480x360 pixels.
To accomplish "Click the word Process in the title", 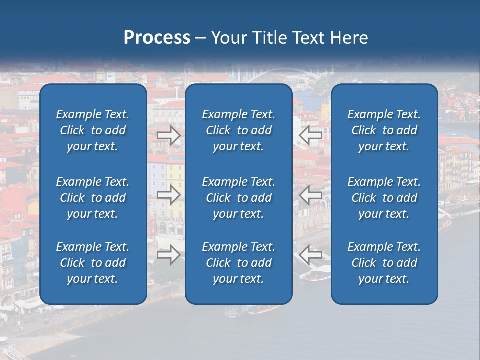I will tap(157, 38).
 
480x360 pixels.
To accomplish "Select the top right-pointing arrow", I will tap(169, 135).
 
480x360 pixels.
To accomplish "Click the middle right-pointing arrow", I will tap(169, 195).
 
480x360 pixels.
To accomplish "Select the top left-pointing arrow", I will tap(311, 135).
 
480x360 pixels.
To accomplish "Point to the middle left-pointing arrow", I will tap(311, 195).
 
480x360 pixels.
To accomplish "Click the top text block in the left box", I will tap(93, 130).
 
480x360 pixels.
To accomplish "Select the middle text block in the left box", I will tap(93, 198).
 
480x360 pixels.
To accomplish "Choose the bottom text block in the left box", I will tap(93, 263).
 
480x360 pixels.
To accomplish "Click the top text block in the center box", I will tap(239, 130).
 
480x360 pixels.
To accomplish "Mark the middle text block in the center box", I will tap(239, 198).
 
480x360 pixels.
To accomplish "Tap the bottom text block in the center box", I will tap(239, 263).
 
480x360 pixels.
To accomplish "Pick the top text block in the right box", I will tap(384, 130).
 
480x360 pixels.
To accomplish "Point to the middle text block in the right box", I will tap(384, 198).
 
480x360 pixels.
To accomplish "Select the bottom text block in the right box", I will tap(384, 263).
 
